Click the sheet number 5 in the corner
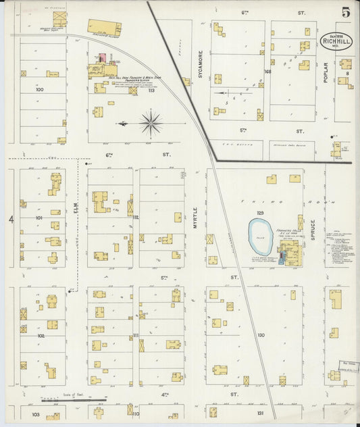pyautogui.click(x=345, y=12)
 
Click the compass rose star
pyautogui.click(x=151, y=124)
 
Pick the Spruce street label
pyautogui.click(x=313, y=230)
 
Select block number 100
pyautogui.click(x=39, y=89)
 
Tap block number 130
pyautogui.click(x=261, y=335)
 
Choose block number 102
pyautogui.click(x=40, y=335)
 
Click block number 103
pyautogui.click(x=36, y=413)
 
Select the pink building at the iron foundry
pyautogui.click(x=103, y=58)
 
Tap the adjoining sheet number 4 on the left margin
pyautogui.click(x=11, y=220)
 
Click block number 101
pyautogui.click(x=39, y=218)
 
